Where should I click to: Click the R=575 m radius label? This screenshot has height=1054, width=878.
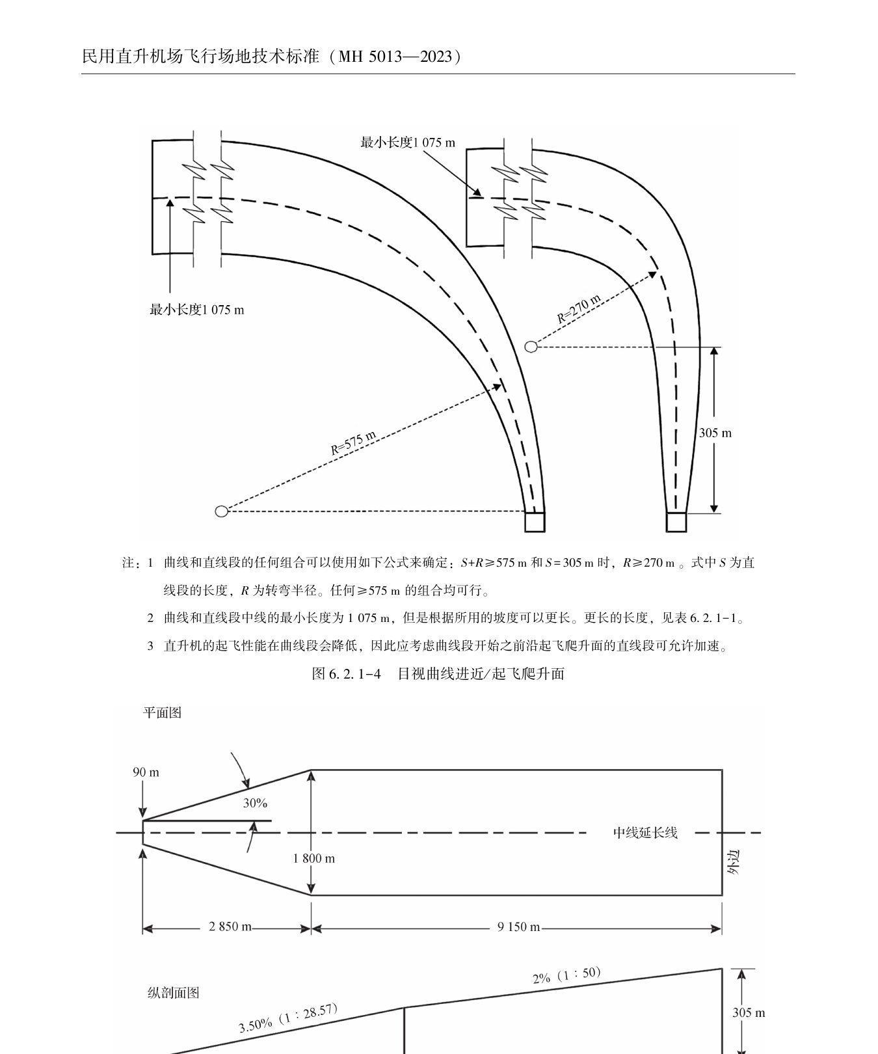point(353,443)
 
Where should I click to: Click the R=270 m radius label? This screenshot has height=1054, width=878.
point(579,308)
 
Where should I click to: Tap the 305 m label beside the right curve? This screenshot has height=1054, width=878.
point(715,433)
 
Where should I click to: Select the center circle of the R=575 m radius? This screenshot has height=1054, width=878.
point(221,511)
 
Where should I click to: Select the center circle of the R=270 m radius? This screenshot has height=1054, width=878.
point(531,347)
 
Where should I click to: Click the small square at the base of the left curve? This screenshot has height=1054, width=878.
point(535,522)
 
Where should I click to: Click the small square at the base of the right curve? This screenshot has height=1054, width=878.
point(676,522)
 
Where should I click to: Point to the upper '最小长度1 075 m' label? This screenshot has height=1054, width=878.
point(408,142)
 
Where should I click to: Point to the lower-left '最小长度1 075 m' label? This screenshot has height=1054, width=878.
point(197,310)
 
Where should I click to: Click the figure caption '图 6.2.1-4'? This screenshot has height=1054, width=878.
point(346,673)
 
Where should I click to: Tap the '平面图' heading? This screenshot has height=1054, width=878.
point(162,712)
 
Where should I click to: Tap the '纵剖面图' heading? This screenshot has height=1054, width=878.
point(173,992)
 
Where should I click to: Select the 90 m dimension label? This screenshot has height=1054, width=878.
point(146,772)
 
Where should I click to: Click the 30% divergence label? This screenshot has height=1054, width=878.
point(255,803)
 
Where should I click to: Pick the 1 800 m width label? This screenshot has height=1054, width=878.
point(314,858)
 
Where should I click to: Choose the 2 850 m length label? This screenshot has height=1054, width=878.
point(230,926)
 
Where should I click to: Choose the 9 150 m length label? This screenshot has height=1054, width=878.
point(518,926)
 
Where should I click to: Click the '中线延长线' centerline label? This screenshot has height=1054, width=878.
point(645,833)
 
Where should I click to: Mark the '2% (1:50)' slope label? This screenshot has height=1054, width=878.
point(566,975)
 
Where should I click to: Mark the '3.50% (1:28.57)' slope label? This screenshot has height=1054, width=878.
point(288,1018)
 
